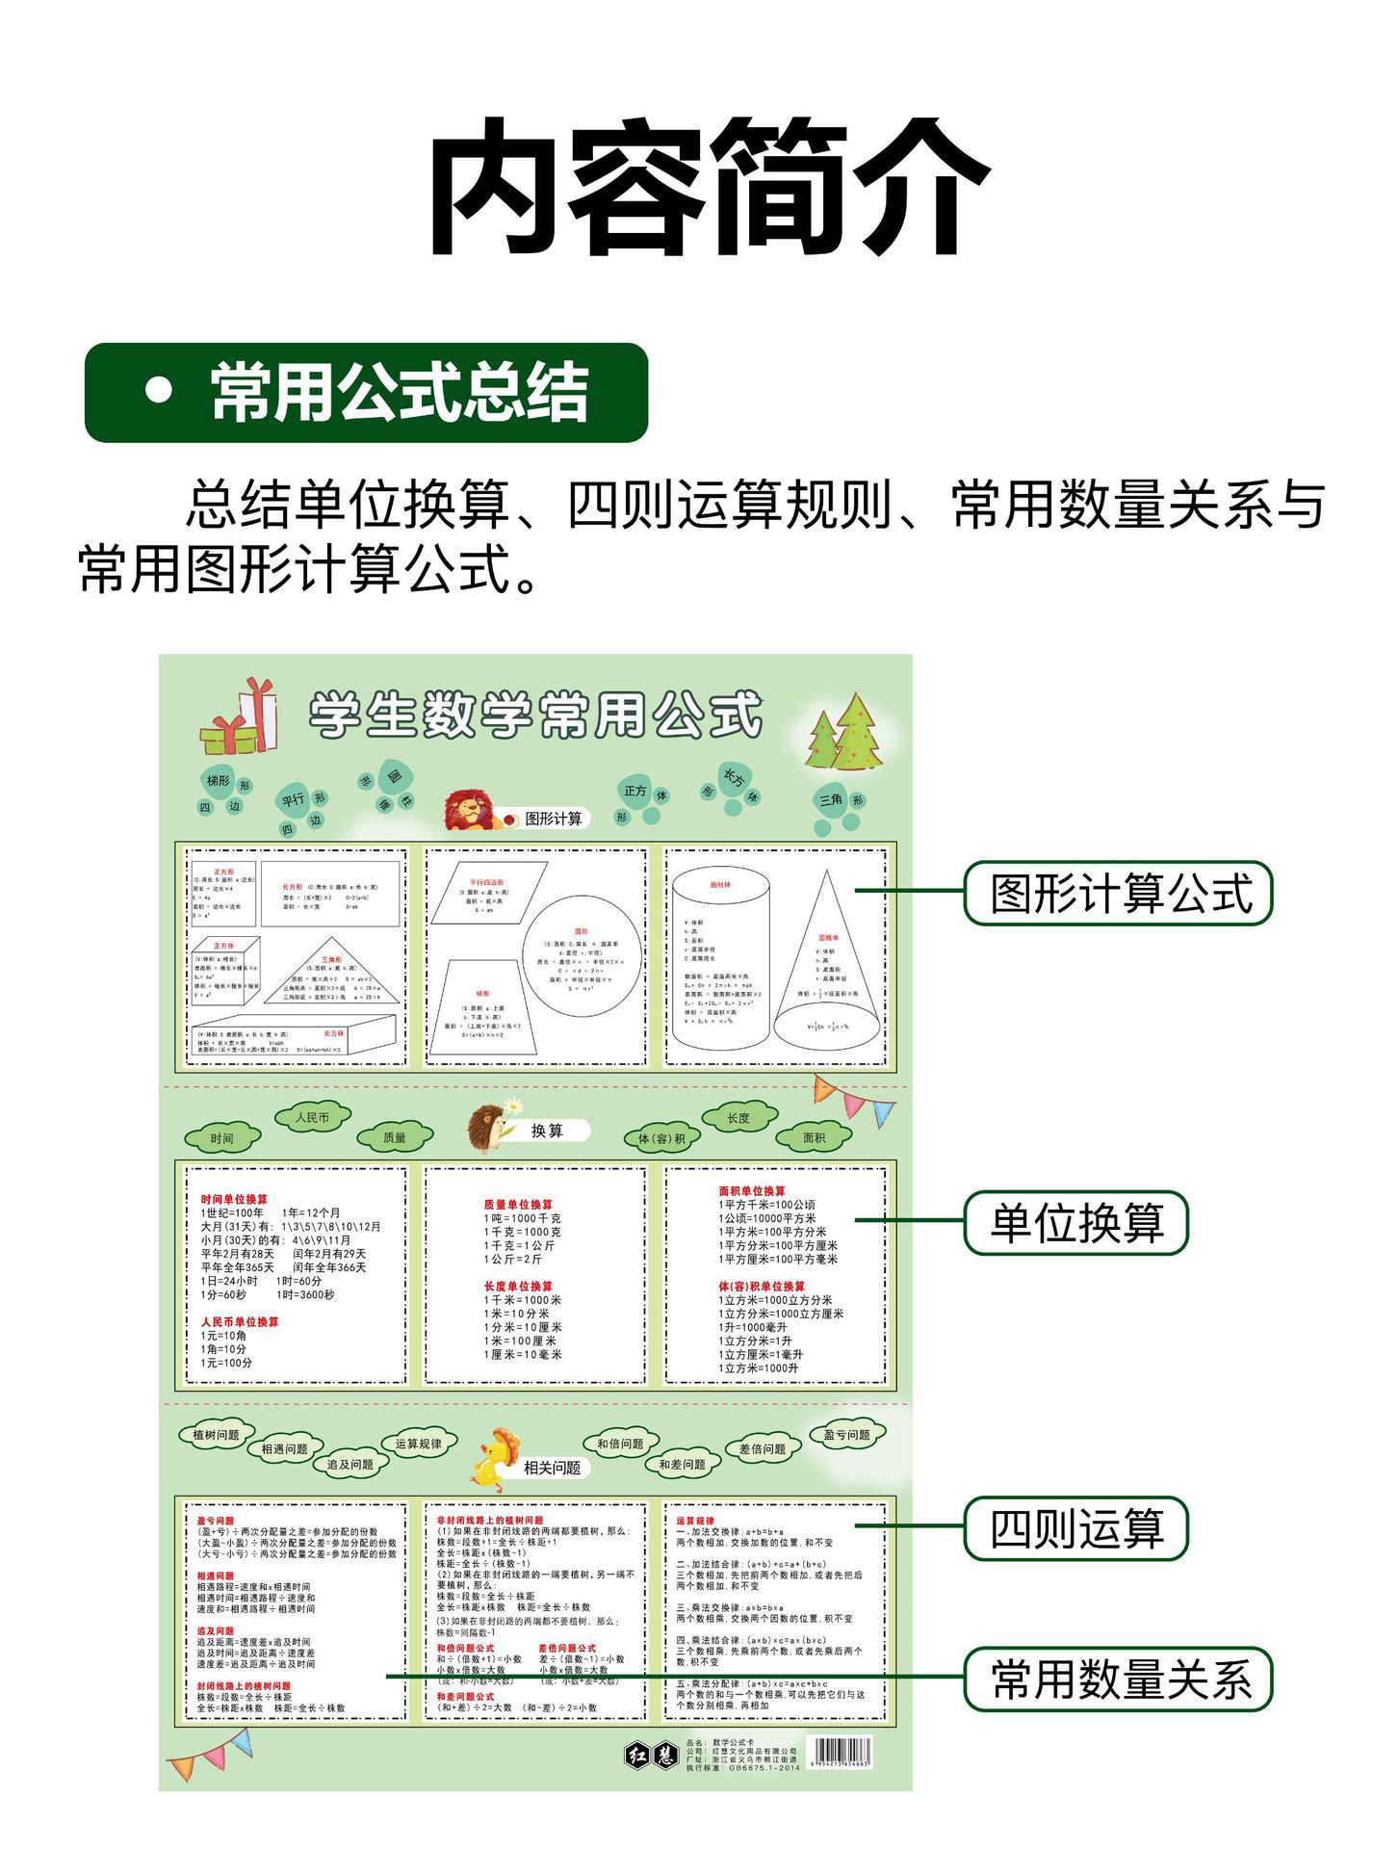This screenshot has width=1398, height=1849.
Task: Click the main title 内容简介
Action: [708, 188]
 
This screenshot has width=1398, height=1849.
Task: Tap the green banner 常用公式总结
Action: [366, 392]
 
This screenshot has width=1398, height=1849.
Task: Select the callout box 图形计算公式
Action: [1118, 893]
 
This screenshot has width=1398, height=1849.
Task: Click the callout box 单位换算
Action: [1076, 1222]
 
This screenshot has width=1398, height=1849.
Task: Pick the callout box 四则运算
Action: [1076, 1527]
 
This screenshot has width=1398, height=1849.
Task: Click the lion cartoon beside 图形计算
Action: [473, 811]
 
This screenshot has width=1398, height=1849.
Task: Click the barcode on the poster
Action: [839, 1752]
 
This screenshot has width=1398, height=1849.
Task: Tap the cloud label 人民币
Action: [312, 1117]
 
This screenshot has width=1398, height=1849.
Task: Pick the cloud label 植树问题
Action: [217, 1435]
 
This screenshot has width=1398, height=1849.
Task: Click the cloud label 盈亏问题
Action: [846, 1435]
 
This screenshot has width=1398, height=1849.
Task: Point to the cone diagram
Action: [827, 963]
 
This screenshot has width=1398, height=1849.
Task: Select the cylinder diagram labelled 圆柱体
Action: [720, 958]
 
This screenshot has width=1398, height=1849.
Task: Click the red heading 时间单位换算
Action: [234, 1199]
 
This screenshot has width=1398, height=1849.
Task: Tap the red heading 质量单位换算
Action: [518, 1204]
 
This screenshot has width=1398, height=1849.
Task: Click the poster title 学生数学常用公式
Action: [535, 715]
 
